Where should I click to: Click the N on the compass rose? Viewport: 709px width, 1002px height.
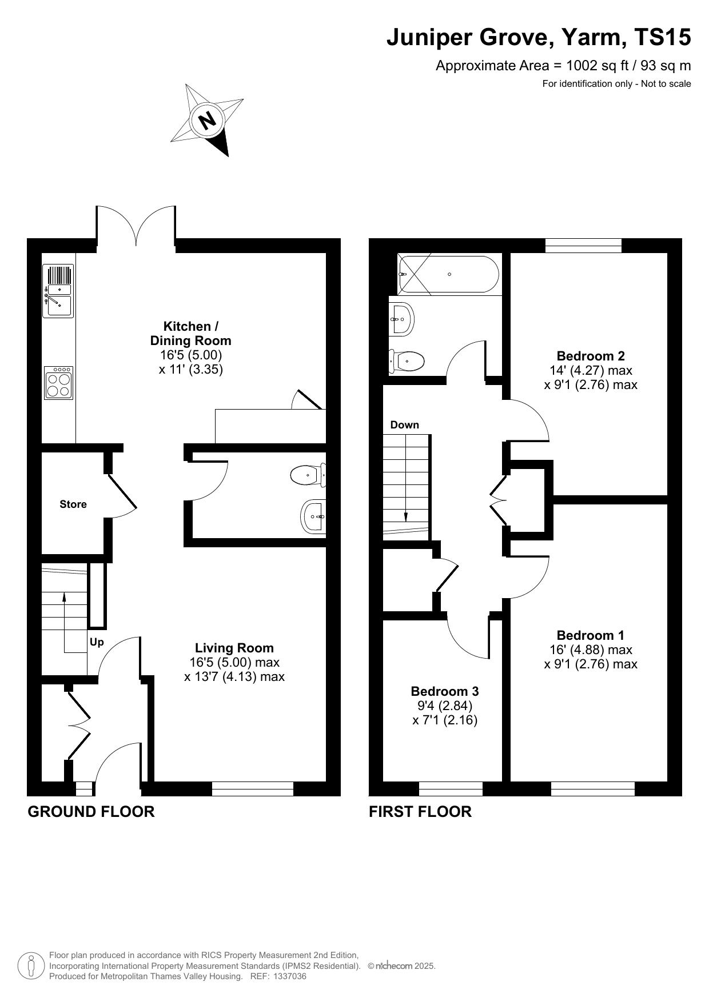[x=207, y=121]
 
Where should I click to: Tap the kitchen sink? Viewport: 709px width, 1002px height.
[x=58, y=291]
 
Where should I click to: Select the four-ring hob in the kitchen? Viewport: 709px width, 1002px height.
[x=58, y=382]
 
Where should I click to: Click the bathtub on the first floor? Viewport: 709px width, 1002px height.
[x=449, y=274]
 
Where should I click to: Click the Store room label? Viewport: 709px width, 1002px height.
[x=73, y=504]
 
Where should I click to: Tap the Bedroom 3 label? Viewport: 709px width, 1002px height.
[x=445, y=691]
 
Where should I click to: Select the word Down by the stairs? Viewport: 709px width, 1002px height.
[x=405, y=424]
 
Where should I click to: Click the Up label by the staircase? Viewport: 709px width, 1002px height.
[x=97, y=642]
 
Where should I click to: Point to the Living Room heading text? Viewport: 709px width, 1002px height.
[x=234, y=648]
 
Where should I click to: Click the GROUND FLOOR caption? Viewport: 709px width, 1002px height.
[x=91, y=811]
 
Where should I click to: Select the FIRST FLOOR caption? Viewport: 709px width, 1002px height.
[x=420, y=811]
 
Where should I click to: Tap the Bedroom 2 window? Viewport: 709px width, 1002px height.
[x=583, y=246]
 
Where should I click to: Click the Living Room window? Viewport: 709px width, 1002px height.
[x=253, y=789]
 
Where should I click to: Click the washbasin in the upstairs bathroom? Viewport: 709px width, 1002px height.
[x=401, y=319]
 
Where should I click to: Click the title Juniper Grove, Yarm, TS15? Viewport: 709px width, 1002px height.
[x=539, y=38]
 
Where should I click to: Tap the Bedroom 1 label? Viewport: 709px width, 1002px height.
[x=591, y=635]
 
